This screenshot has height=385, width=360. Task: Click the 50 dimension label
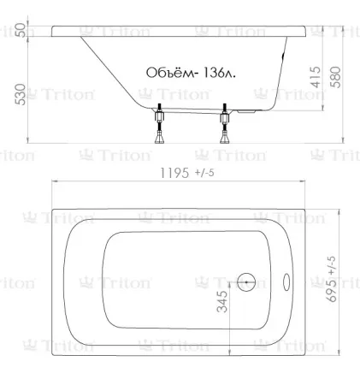coord(21,30)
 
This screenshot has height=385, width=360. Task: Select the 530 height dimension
coord(21,94)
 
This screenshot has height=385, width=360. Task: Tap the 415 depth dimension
coord(316,77)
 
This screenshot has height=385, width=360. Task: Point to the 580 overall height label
coord(335,77)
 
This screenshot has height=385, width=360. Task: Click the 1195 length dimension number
coord(174,173)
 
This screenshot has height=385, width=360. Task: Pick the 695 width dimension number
coord(332,290)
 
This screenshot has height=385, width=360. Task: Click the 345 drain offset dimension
coord(222,301)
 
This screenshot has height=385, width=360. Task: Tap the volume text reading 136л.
coord(220,73)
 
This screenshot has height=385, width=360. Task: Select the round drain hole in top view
coord(246,282)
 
